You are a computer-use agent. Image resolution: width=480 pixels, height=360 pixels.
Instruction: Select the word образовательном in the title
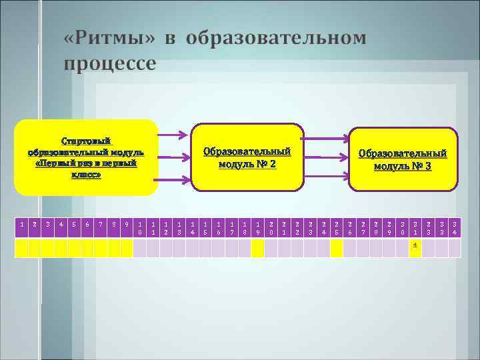(x=276, y=38)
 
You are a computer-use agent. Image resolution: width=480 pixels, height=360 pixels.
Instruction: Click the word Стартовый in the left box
(x=86, y=141)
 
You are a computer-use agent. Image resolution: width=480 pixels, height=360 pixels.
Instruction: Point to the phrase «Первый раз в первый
(x=86, y=163)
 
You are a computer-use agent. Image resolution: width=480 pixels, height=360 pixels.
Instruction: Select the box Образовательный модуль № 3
(x=403, y=159)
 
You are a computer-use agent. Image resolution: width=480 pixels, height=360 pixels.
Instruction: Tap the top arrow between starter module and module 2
(x=175, y=137)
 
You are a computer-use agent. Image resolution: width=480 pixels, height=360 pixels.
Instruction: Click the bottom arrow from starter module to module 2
(x=175, y=179)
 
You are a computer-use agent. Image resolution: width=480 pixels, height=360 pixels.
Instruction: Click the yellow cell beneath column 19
(x=257, y=248)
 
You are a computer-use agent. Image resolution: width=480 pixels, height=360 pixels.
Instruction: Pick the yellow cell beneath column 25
(x=336, y=248)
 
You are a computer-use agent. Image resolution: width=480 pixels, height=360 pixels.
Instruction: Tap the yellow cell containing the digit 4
(x=415, y=248)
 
